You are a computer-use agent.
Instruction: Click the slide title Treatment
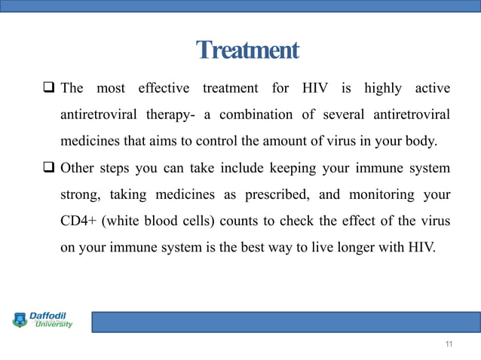[x=247, y=50]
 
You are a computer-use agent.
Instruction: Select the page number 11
[x=449, y=344]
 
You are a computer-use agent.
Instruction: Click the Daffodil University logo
[x=42, y=319]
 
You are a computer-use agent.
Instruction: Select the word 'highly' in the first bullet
[x=383, y=89]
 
